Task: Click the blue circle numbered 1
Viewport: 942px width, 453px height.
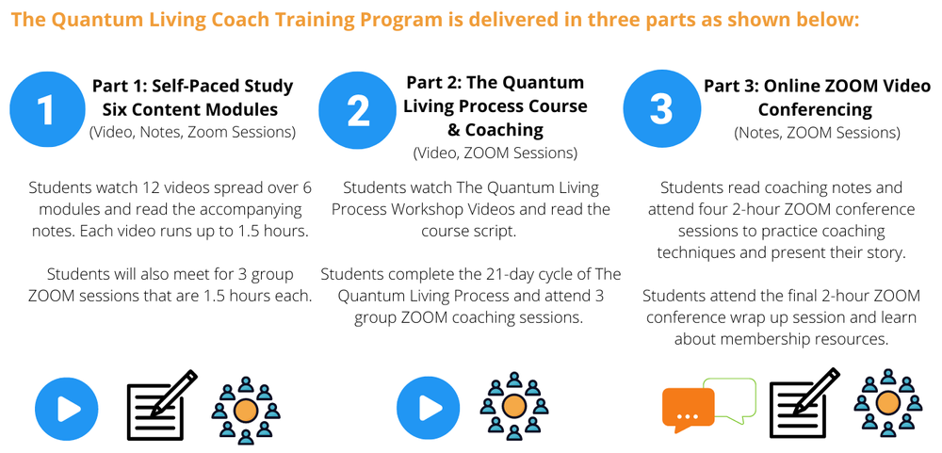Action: [x=46, y=109]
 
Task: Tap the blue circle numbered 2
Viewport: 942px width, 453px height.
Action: [x=357, y=109]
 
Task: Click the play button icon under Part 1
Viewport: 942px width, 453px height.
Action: [x=66, y=408]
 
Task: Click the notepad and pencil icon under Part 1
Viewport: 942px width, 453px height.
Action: [x=161, y=406]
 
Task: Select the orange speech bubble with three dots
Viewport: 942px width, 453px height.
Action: [x=688, y=410]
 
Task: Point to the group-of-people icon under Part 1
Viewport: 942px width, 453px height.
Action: [x=246, y=410]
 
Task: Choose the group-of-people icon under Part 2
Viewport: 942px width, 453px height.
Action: [x=514, y=407]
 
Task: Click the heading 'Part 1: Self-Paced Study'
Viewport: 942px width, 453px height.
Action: [x=192, y=86]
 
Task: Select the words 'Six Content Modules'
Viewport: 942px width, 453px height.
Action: [x=192, y=109]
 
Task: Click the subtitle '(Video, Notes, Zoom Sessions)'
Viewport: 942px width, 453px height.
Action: [x=192, y=132]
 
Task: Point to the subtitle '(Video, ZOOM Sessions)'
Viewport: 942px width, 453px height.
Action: [x=495, y=153]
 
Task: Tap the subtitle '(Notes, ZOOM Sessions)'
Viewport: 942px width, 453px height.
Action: [x=817, y=133]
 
